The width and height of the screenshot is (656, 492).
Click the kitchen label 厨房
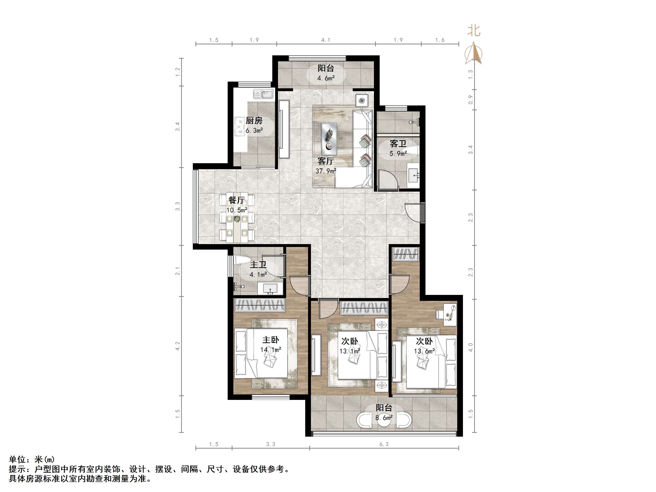tap(254, 121)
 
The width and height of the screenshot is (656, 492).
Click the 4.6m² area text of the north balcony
tap(326, 78)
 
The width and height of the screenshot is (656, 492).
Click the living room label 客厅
tap(326, 161)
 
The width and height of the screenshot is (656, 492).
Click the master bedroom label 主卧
tap(270, 340)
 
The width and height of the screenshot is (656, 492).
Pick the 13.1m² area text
tap(350, 351)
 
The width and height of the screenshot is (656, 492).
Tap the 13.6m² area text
tap(424, 351)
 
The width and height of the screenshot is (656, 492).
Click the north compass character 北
tap(474, 31)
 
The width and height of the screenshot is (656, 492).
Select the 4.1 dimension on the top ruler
tap(326, 40)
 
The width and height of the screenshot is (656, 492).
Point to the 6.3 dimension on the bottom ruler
tap(384, 444)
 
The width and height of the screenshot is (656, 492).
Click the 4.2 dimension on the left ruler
tap(178, 346)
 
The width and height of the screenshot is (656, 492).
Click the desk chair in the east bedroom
tap(439, 314)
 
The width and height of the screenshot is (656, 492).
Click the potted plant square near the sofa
tap(362, 100)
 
